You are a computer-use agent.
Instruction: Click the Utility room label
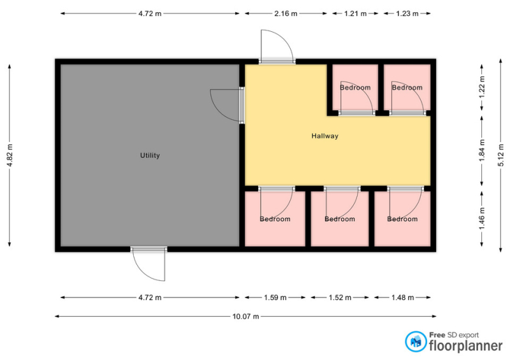pos(150,155)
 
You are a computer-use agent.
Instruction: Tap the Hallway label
pos(325,136)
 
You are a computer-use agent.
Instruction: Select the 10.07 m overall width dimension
pos(246,316)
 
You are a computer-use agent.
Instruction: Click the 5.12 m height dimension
pos(500,155)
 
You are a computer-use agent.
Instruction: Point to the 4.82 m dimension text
pos(10,155)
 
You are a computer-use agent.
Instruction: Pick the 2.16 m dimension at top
pos(286,13)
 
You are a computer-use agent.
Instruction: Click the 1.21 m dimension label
pos(355,13)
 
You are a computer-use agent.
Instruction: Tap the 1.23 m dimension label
pos(407,13)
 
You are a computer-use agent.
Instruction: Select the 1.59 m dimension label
pos(275,298)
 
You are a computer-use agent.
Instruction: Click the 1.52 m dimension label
pos(340,298)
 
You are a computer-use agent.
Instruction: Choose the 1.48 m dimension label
pos(403,298)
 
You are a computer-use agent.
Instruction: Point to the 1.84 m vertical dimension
pos(482,150)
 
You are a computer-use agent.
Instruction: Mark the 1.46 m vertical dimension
pos(482,218)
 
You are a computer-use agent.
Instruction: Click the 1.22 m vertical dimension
pos(482,87)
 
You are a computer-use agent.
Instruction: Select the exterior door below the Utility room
pos(149,264)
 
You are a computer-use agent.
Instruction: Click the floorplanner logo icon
pos(416,342)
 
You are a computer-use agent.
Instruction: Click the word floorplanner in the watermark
pos(466,346)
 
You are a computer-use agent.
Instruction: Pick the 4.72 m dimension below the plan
pos(150,298)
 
